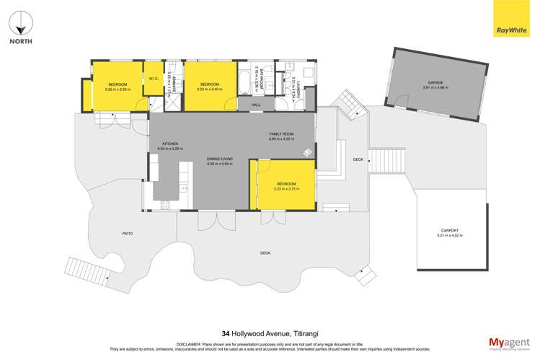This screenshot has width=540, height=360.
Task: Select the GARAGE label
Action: [x=435, y=83]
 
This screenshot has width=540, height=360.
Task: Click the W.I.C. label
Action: [x=154, y=79]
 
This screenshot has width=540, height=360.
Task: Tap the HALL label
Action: [x=256, y=105]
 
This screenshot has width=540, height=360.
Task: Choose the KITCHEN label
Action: [x=170, y=144]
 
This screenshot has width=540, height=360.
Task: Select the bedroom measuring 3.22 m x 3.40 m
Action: [x=210, y=86]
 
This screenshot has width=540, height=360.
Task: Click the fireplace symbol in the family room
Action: [x=306, y=152]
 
